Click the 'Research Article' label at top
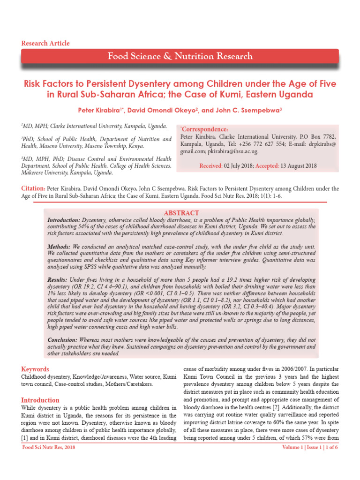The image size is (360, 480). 45,43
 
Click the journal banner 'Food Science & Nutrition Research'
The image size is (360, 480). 180,57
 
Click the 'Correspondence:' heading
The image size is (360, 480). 204,129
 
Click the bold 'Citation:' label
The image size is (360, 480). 33,188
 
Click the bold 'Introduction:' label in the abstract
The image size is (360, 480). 64,220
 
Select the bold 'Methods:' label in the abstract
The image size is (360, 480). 59,247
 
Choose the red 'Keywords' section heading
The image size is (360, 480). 35,369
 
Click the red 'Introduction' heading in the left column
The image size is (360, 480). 40,400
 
